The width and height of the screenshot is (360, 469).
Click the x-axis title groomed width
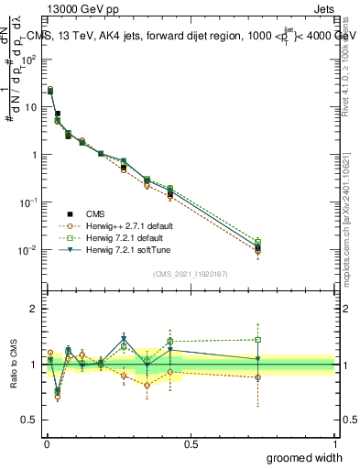(x=303, y=456)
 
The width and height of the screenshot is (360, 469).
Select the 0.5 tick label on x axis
(x=190, y=443)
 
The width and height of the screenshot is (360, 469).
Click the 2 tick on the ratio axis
(x=34, y=309)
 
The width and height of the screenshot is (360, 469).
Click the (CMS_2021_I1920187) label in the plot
(x=190, y=274)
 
